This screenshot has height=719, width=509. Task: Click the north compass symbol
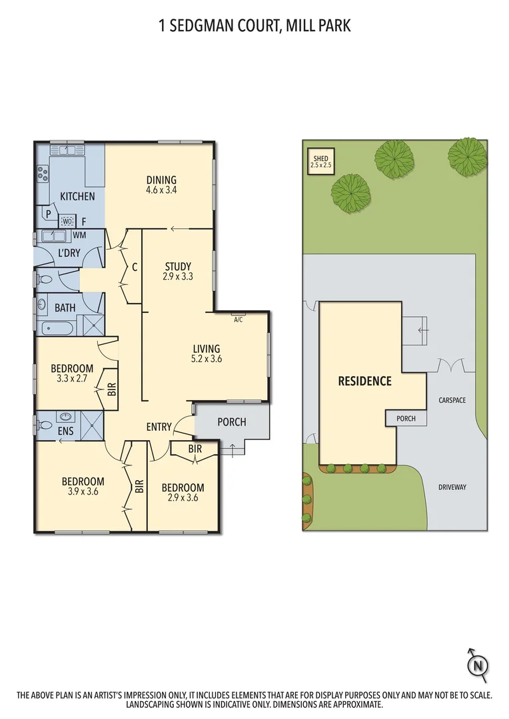(477, 663)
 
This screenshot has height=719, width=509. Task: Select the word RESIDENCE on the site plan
(364, 381)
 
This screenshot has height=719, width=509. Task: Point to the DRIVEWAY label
(452, 487)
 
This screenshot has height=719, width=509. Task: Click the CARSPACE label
(452, 400)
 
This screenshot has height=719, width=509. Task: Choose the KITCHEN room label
(77, 196)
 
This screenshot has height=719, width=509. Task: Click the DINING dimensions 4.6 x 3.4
(161, 190)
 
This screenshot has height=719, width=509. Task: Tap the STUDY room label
(178, 267)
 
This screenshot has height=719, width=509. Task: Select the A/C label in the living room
(238, 320)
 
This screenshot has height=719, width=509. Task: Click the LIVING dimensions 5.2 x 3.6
(207, 359)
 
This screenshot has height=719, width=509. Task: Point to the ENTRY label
(159, 427)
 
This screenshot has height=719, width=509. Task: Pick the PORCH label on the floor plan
(232, 422)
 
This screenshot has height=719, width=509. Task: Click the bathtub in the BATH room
(57, 328)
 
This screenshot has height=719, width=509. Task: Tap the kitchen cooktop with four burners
(43, 173)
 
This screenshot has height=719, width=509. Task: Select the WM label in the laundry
(79, 235)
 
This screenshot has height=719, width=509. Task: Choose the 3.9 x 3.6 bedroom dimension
(83, 493)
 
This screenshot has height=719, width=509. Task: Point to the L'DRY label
(69, 254)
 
